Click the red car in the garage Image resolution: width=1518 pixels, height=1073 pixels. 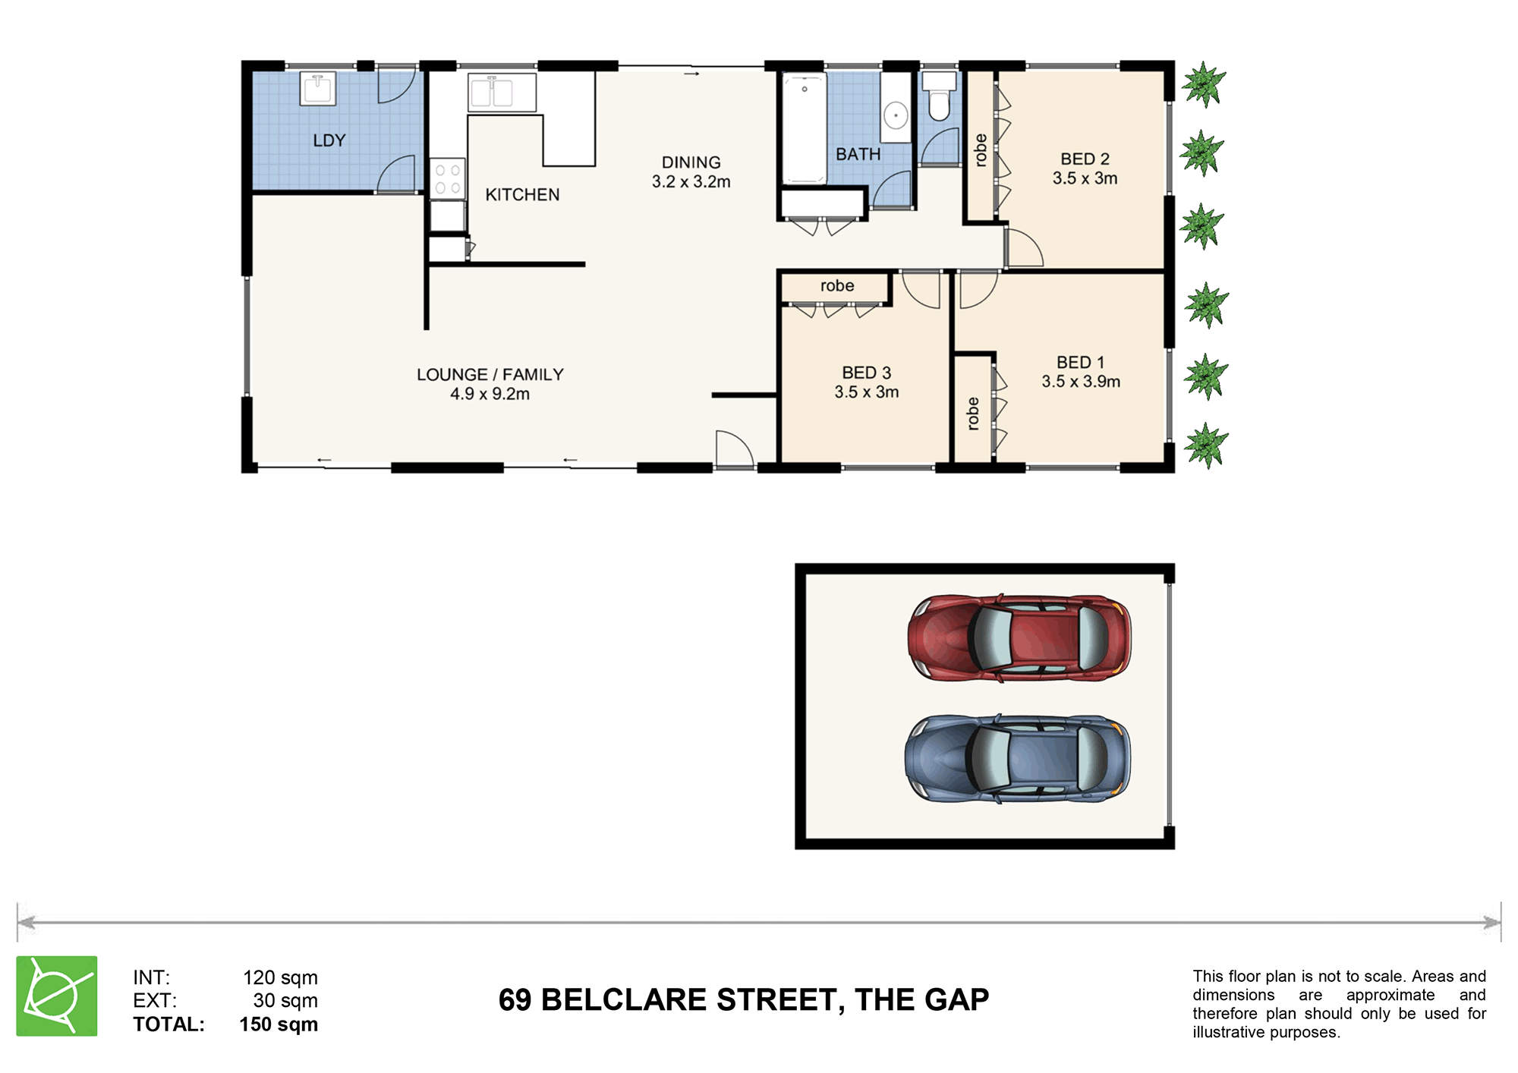click(x=1019, y=637)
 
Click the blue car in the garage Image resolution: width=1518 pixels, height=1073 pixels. click(x=1018, y=758)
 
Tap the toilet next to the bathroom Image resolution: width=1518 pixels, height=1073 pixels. click(x=939, y=96)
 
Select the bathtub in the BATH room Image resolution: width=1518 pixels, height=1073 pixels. click(x=805, y=127)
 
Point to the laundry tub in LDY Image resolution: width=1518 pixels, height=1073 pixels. click(x=318, y=88)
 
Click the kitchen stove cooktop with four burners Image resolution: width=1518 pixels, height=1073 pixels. click(x=448, y=178)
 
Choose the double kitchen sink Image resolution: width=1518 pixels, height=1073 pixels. click(x=502, y=93)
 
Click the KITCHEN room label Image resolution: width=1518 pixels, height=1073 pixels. click(x=522, y=195)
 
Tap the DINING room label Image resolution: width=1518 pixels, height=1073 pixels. click(x=691, y=162)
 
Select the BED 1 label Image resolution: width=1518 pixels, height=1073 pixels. click(x=1080, y=363)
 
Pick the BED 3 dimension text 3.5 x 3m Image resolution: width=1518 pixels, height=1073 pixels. click(x=867, y=392)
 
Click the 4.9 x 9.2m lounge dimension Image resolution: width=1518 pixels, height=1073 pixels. click(x=490, y=394)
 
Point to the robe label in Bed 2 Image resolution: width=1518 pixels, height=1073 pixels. click(x=980, y=149)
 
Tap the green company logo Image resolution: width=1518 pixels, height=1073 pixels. click(x=57, y=996)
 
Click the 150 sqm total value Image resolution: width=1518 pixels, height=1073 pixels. click(x=279, y=1024)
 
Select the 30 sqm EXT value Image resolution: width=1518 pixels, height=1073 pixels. click(x=285, y=1001)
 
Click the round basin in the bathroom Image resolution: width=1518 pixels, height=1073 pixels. click(x=896, y=116)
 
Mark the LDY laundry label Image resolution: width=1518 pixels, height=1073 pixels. click(x=329, y=140)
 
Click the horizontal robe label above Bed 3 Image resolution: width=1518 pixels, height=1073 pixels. click(x=837, y=286)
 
